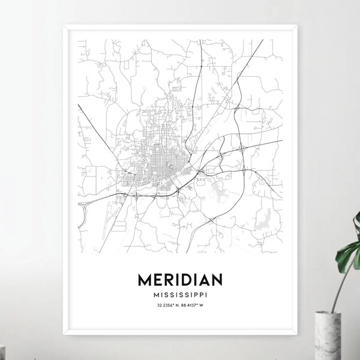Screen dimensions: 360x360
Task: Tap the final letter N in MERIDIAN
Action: tap(215, 280)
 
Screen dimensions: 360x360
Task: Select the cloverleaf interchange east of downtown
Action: tap(241, 147)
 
